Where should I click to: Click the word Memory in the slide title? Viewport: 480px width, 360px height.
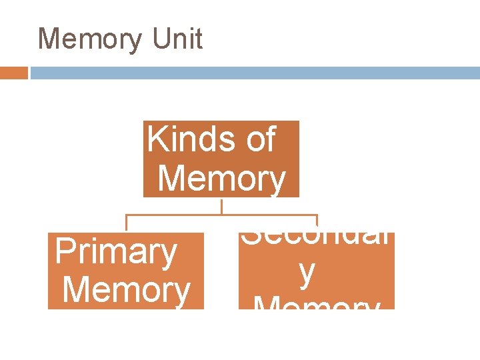click(90, 39)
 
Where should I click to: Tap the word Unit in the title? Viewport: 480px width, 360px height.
click(177, 39)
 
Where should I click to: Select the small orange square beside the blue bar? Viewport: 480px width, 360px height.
click(14, 73)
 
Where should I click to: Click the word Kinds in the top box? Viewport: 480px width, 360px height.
click(186, 140)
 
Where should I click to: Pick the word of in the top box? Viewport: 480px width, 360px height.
click(261, 140)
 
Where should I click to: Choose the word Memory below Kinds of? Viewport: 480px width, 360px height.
click(223, 179)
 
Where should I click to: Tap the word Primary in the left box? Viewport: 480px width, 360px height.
click(116, 252)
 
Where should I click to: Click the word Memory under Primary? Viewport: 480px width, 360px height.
click(126, 291)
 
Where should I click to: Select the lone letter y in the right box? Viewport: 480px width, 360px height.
click(307, 273)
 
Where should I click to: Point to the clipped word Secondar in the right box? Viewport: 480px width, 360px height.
click(315, 239)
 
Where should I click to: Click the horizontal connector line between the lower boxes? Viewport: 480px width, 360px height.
click(222, 215)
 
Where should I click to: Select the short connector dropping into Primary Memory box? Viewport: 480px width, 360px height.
click(127, 223)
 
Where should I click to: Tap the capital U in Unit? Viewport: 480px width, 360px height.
click(160, 39)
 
